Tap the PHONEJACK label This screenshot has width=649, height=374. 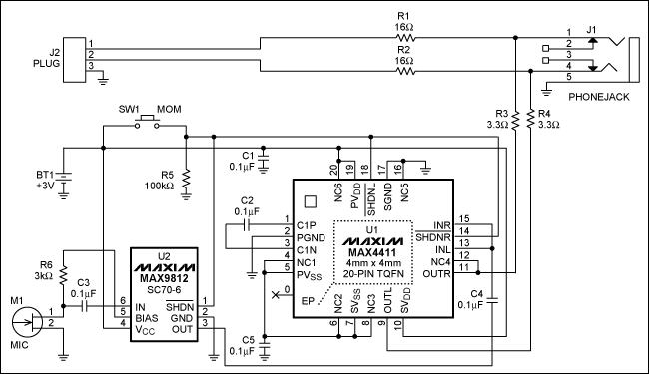(x=598, y=98)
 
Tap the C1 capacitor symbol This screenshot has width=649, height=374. (x=263, y=157)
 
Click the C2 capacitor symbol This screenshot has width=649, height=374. (x=246, y=231)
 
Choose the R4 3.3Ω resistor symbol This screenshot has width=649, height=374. (x=530, y=121)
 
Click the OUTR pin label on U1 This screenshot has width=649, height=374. (x=437, y=273)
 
